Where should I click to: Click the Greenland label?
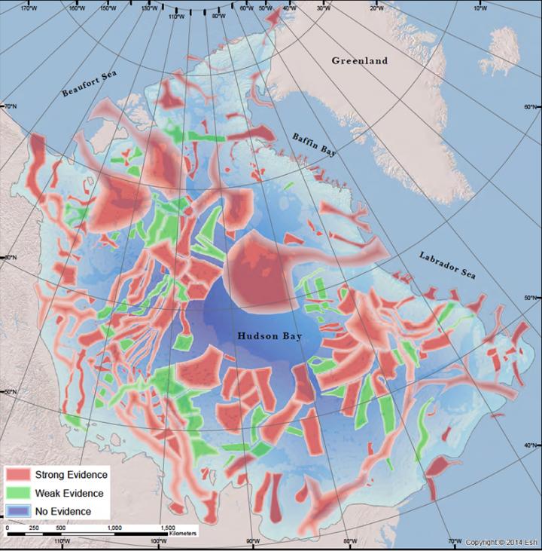[359, 60]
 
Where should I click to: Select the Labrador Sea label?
[447, 265]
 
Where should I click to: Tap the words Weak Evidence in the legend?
[68, 492]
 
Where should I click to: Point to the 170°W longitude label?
[29, 8]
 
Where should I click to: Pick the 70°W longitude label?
[455, 542]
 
